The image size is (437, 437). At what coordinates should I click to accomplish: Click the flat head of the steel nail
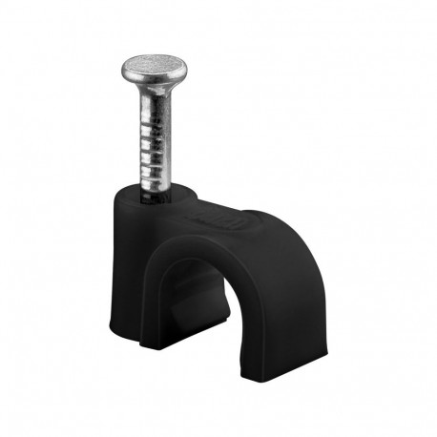[154, 66]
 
